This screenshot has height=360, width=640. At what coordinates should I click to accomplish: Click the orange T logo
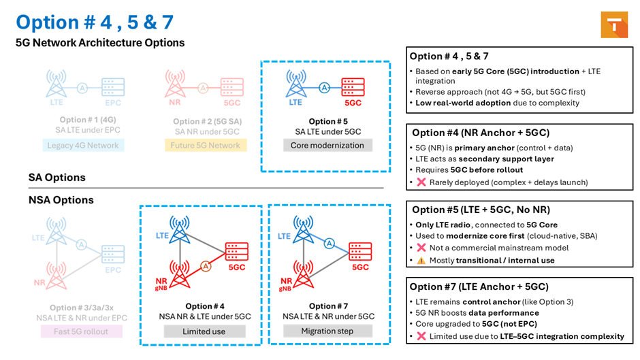614,25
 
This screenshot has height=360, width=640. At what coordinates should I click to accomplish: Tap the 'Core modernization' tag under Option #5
327,146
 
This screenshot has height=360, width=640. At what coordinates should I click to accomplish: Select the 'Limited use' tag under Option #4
204,331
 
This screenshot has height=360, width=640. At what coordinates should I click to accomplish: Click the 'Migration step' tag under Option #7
327,331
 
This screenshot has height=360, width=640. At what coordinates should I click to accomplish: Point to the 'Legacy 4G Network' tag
83,146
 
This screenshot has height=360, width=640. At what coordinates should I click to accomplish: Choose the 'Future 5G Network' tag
206,146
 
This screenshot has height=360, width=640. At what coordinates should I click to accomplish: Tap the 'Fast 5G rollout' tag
81,331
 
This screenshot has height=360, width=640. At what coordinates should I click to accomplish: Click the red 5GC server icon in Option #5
353,87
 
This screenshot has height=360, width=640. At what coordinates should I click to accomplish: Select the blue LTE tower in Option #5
296,83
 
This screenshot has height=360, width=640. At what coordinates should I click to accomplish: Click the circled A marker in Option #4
206,267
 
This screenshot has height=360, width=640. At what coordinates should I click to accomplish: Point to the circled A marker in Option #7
330,244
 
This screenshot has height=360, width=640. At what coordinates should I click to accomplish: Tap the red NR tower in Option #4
180,274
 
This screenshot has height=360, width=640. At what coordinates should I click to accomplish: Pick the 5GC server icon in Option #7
360,251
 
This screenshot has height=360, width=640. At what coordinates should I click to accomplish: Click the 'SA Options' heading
57,178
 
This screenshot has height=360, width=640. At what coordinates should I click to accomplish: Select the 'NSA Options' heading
61,200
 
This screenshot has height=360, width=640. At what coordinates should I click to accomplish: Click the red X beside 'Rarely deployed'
421,182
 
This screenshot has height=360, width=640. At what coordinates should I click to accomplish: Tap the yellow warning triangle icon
421,261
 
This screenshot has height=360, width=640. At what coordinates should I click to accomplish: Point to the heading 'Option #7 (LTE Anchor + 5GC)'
479,287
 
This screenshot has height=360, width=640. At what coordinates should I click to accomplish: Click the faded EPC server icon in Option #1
113,87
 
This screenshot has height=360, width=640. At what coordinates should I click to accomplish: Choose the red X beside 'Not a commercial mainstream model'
421,248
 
